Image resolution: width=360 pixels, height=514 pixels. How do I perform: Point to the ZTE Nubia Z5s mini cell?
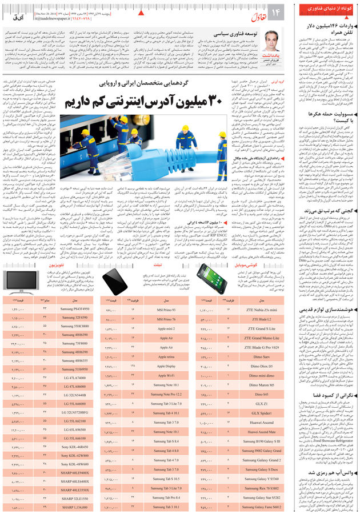[x=262, y=309]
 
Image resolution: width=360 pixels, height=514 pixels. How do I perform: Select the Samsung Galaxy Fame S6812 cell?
[x=262, y=507]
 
